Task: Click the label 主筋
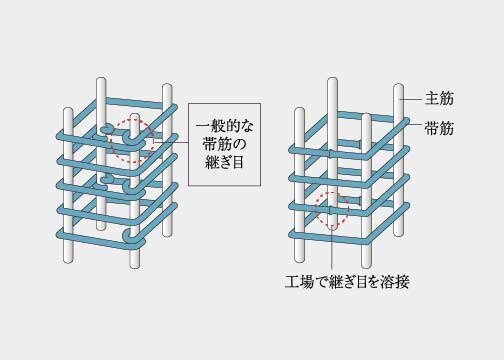437,99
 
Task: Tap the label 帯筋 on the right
437,128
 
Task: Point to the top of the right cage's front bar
368,121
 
